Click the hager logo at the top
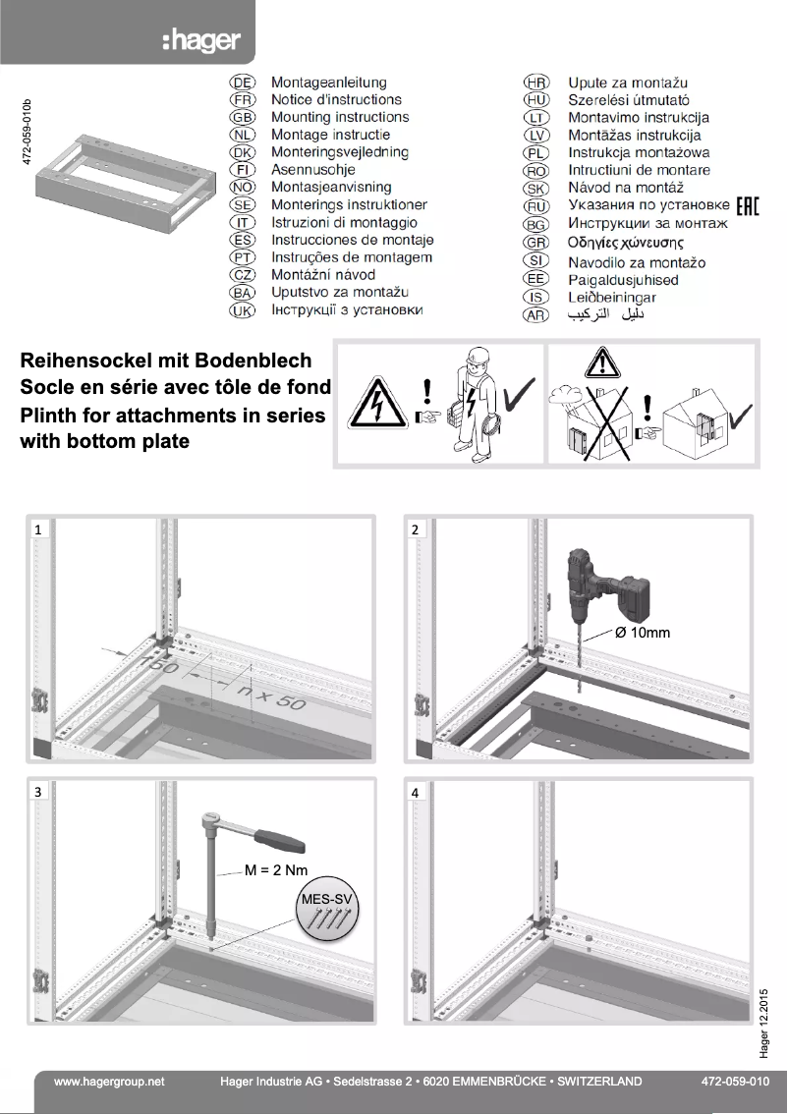click(200, 42)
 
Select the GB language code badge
click(242, 118)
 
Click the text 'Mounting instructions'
click(340, 118)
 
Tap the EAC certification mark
click(747, 205)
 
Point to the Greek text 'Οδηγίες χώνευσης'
click(626, 243)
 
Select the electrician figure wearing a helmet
click(471, 403)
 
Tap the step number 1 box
click(37, 529)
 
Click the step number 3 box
click(37, 791)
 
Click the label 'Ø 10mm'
click(643, 633)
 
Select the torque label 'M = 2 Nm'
click(276, 869)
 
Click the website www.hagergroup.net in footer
click(109, 1081)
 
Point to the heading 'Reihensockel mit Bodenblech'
click(166, 362)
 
